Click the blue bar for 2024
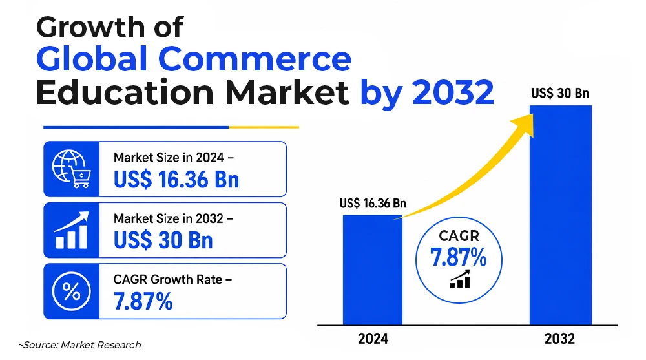point(373,270)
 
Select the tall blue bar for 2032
point(561,215)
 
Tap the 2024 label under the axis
point(373,339)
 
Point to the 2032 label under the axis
point(559,339)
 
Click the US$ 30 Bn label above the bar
point(560,93)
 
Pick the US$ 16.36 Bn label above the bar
point(373,203)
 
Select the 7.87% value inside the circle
point(459,257)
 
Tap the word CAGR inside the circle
point(459,236)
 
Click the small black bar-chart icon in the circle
point(460,280)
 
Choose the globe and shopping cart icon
point(71,169)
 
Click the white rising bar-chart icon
point(71,230)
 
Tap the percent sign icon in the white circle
point(71,291)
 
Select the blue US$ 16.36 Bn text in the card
point(176,180)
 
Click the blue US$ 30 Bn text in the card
point(163,240)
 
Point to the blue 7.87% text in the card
point(143,301)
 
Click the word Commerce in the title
point(255,59)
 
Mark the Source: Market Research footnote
point(79,344)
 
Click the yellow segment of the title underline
point(264,127)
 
